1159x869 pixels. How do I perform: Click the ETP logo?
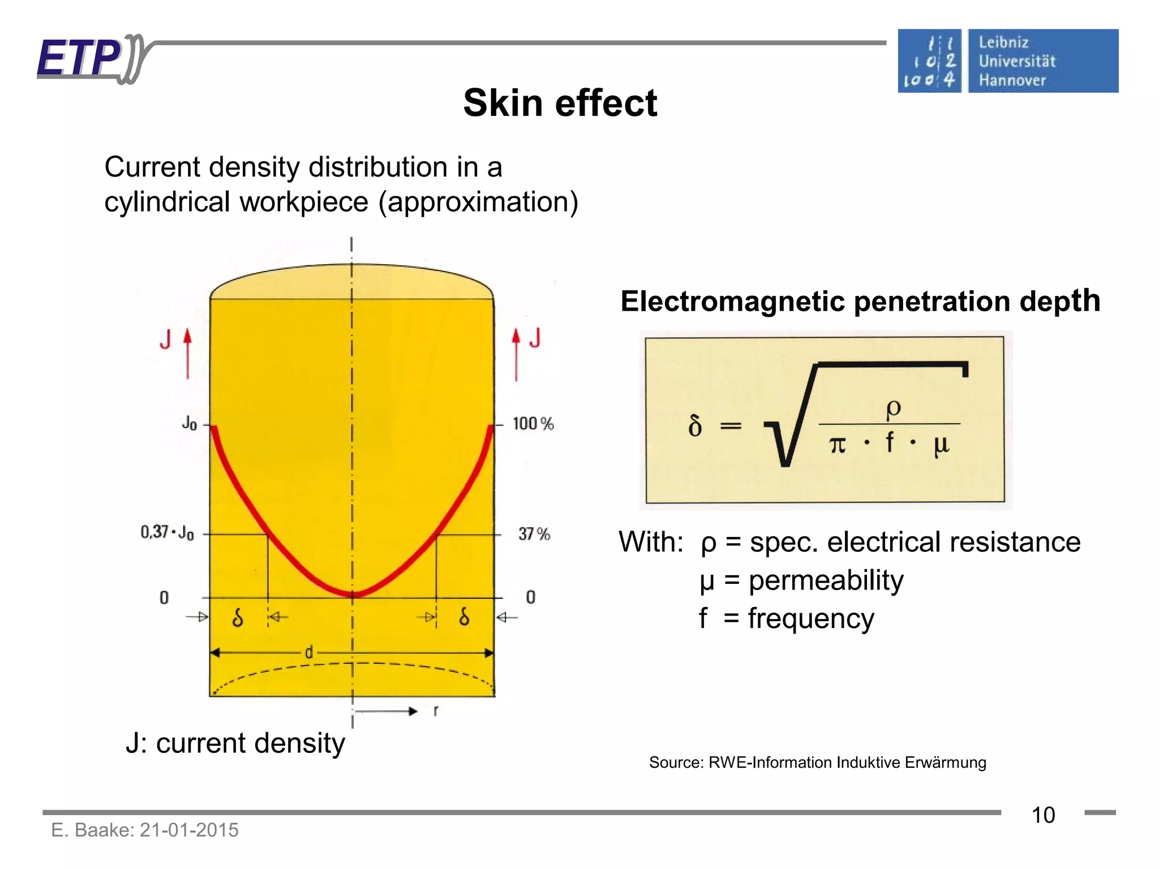(x=91, y=59)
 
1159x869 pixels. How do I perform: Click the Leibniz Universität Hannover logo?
(x=1007, y=61)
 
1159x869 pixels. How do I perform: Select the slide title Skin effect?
(x=560, y=104)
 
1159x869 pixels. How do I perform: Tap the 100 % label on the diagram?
(x=533, y=424)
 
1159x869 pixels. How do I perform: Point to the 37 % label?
(x=534, y=534)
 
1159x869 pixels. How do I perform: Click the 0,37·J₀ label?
(x=167, y=532)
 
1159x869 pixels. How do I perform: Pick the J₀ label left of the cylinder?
(x=190, y=423)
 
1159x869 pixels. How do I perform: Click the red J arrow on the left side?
(x=187, y=354)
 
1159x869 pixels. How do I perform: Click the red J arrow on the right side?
(x=516, y=354)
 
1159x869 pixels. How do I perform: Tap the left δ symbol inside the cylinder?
(x=238, y=617)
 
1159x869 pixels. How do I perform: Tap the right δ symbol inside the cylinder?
(x=464, y=616)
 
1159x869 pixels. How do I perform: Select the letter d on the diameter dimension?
(x=308, y=653)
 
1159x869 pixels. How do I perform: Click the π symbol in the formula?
(x=838, y=445)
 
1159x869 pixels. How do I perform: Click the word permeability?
(x=826, y=580)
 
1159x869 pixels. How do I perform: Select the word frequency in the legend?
(x=810, y=618)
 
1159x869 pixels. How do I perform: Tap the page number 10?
(x=1043, y=815)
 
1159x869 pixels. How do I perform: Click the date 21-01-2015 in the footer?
(x=189, y=830)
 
